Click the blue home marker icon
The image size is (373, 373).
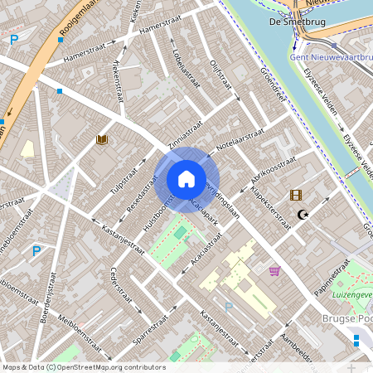pos(186,179)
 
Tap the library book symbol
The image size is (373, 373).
pos(102,141)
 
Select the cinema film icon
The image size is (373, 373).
pos(296,195)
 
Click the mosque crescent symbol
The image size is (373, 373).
pos(303,215)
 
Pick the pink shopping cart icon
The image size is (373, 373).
pos(274,270)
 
